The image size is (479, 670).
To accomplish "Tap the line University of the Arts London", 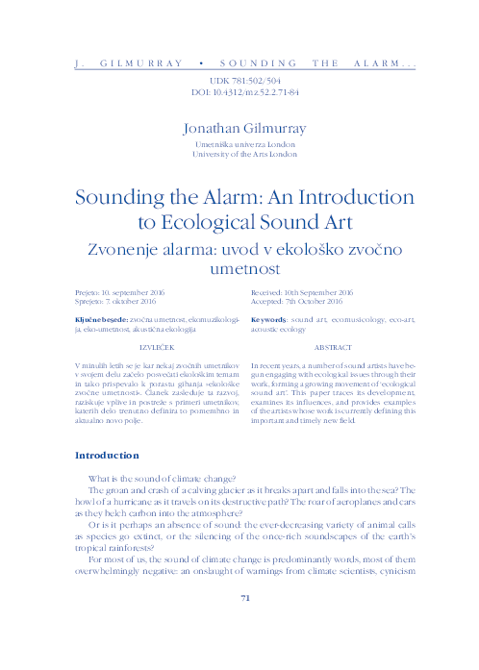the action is [244, 153].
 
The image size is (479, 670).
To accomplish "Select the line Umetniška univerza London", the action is [244, 142].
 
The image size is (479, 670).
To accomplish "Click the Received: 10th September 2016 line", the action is [302, 290].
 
